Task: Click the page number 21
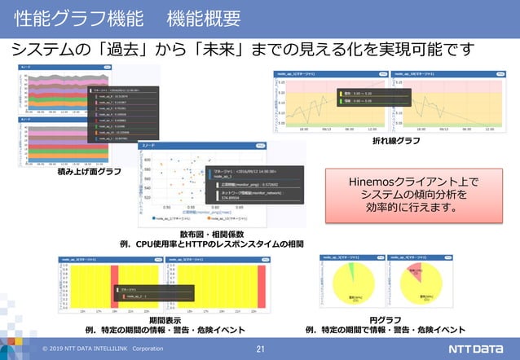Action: point(260,349)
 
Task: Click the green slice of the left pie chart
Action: point(348,271)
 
